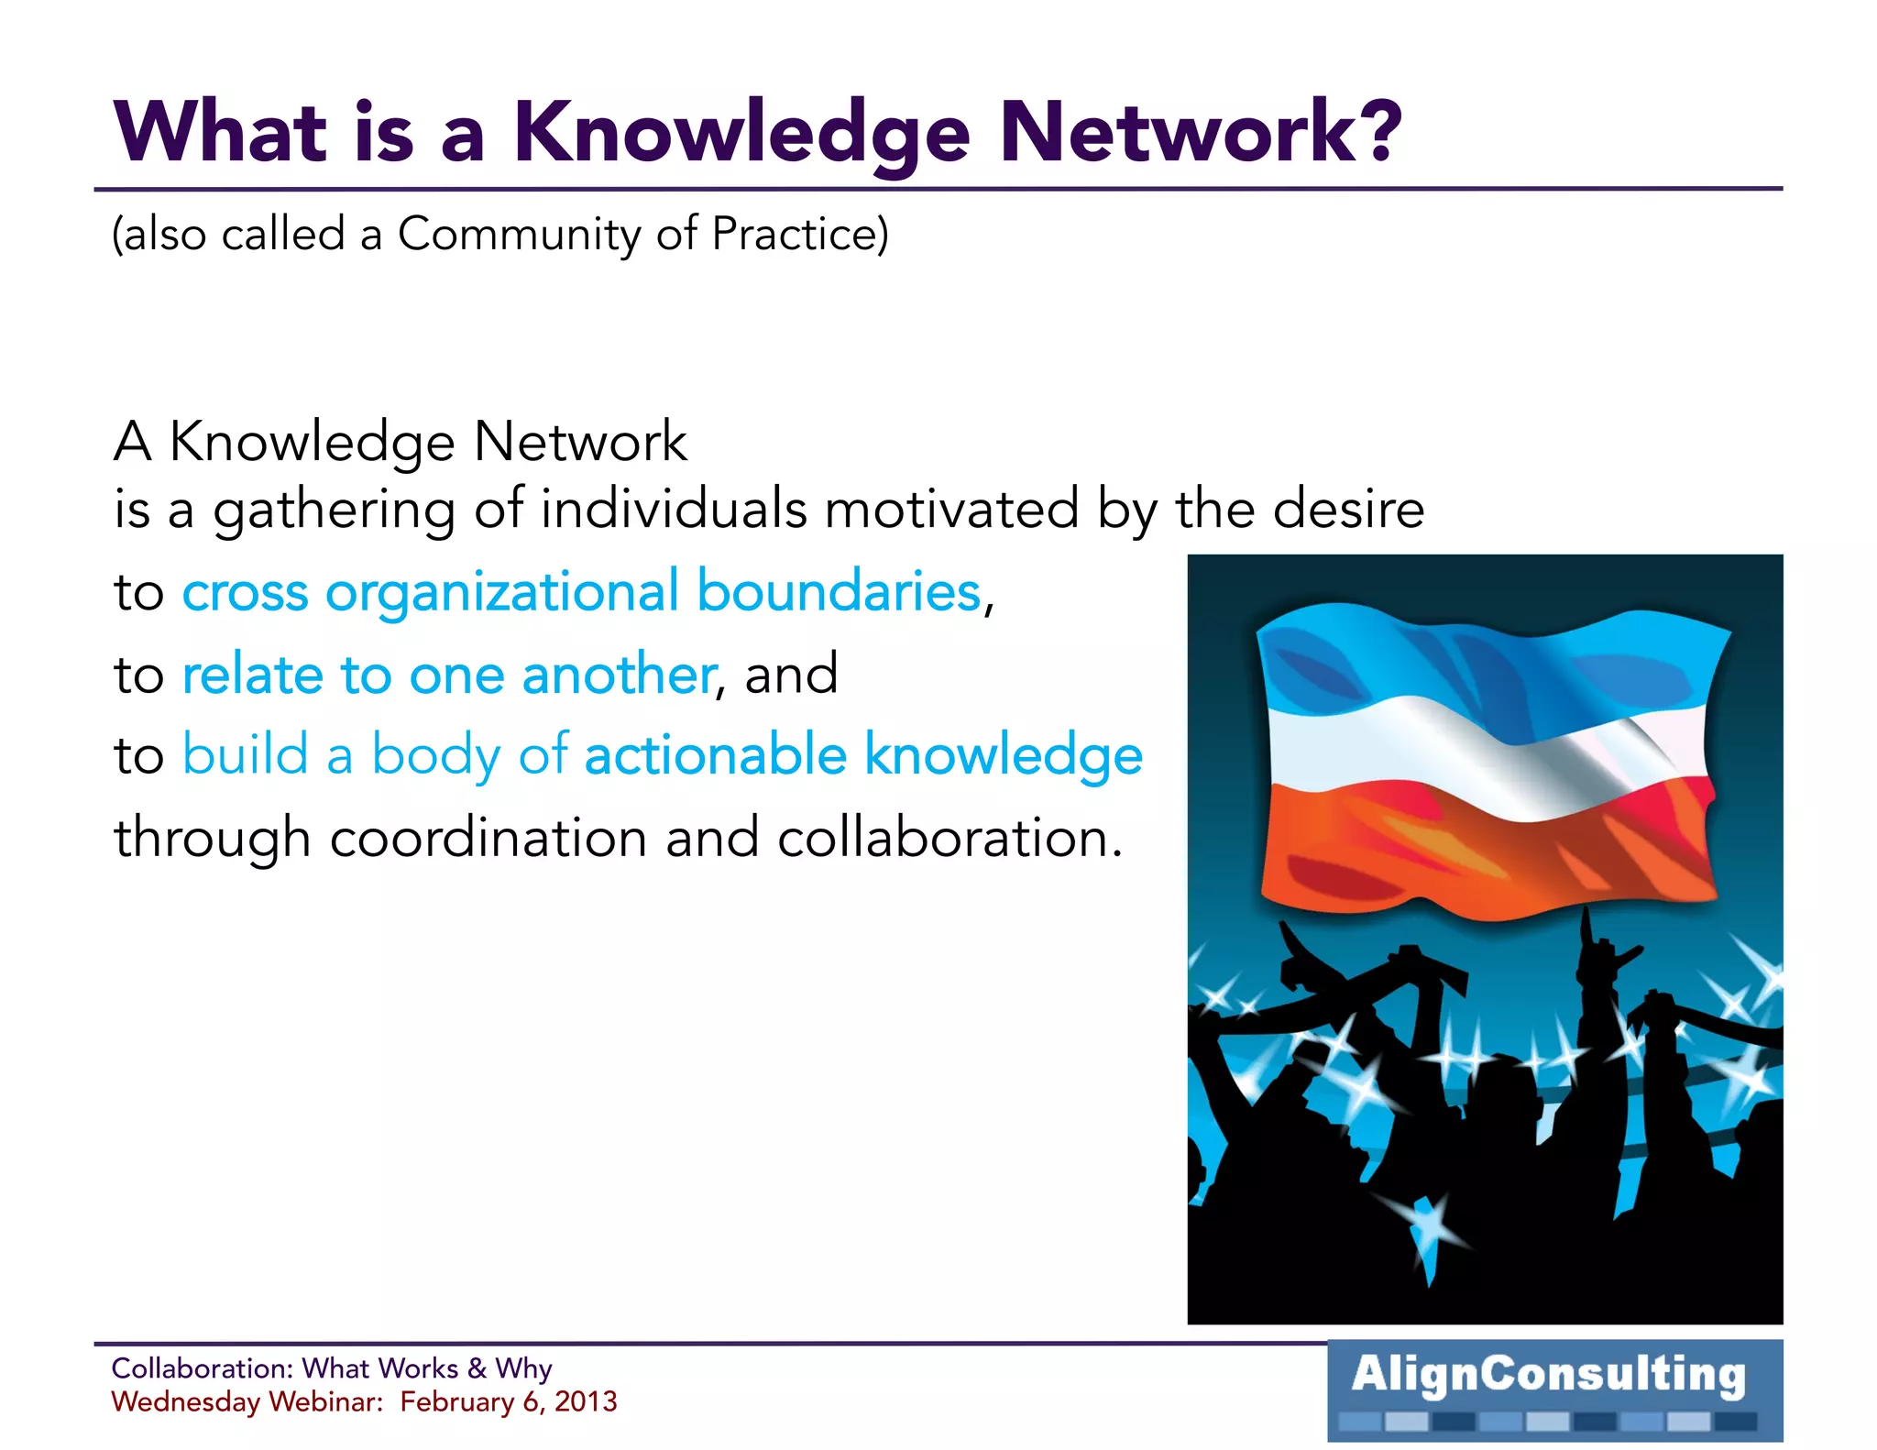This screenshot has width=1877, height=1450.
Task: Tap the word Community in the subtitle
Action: (x=519, y=234)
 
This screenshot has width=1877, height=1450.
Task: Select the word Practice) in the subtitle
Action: (x=800, y=234)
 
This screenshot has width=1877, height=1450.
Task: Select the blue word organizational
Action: (x=502, y=592)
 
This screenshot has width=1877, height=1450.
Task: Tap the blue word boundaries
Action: (x=839, y=591)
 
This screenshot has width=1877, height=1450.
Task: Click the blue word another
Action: (x=619, y=675)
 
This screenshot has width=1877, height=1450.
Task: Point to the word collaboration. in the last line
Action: (x=949, y=838)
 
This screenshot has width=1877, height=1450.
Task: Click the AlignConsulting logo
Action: (x=1554, y=1389)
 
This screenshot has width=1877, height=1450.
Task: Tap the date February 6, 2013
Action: (x=509, y=1402)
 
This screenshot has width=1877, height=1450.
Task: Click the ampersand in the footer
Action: (x=477, y=1368)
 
